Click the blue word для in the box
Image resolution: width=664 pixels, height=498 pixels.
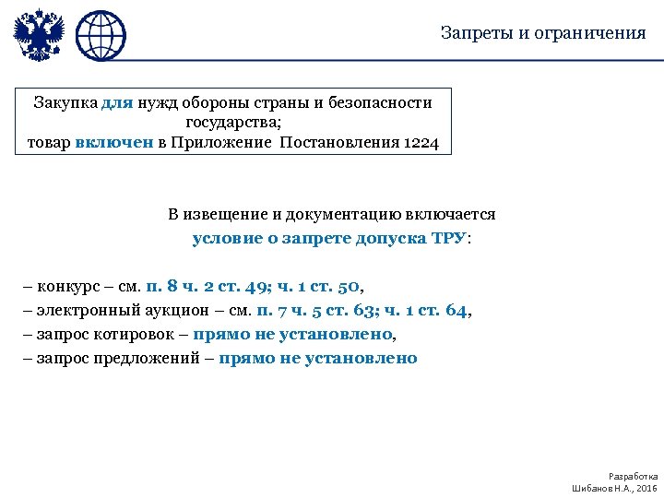click(117, 102)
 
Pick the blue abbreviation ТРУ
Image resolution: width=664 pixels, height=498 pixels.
click(449, 238)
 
